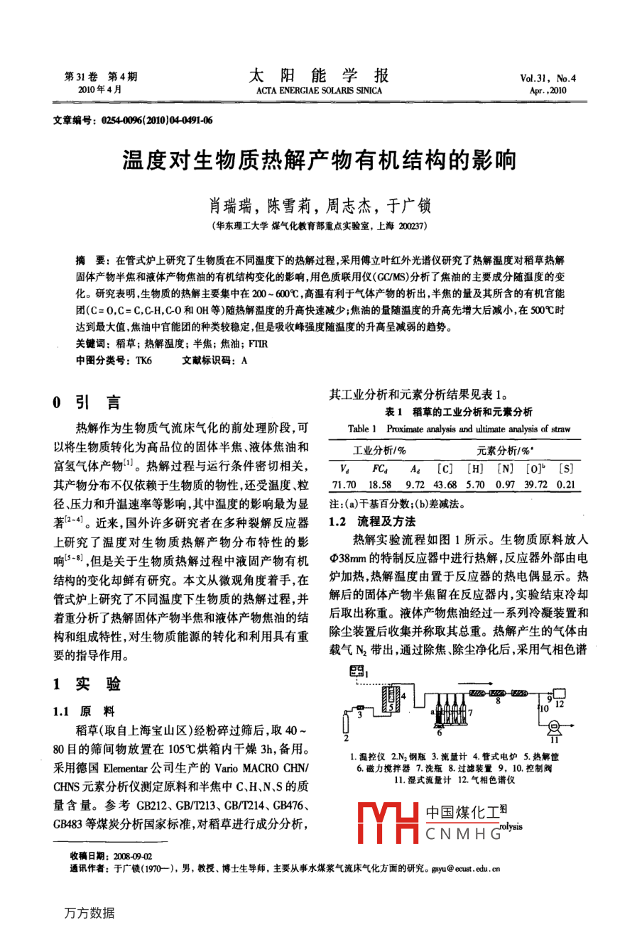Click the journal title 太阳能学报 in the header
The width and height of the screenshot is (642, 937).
tap(319, 76)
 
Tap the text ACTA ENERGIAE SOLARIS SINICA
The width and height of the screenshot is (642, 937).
tap(319, 91)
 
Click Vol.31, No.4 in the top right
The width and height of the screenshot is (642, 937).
tap(548, 79)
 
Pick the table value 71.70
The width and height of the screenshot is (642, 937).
tap(344, 484)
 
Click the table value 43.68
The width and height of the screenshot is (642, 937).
tap(445, 484)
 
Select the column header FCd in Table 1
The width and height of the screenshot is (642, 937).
tap(380, 468)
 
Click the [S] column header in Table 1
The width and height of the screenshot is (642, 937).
tap(566, 468)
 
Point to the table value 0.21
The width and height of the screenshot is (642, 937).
tap(566, 484)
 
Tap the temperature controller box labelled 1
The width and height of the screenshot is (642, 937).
tap(357, 670)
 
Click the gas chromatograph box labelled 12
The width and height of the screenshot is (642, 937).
tap(559, 692)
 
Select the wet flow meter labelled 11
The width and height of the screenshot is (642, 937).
tap(555, 725)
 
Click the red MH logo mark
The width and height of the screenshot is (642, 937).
tap(387, 823)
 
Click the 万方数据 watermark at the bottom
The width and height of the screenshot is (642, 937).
tap(89, 913)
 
